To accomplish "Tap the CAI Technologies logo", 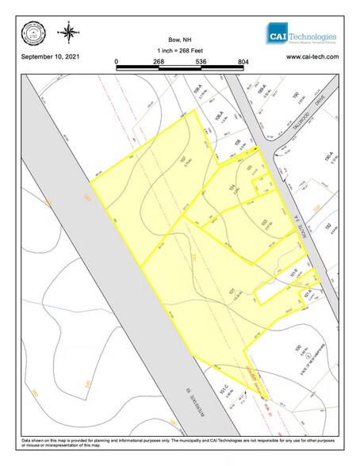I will pyautogui.click(x=301, y=36).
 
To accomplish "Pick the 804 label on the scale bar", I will pyautogui.click(x=243, y=60).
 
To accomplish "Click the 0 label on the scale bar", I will pyautogui.click(x=116, y=60).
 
